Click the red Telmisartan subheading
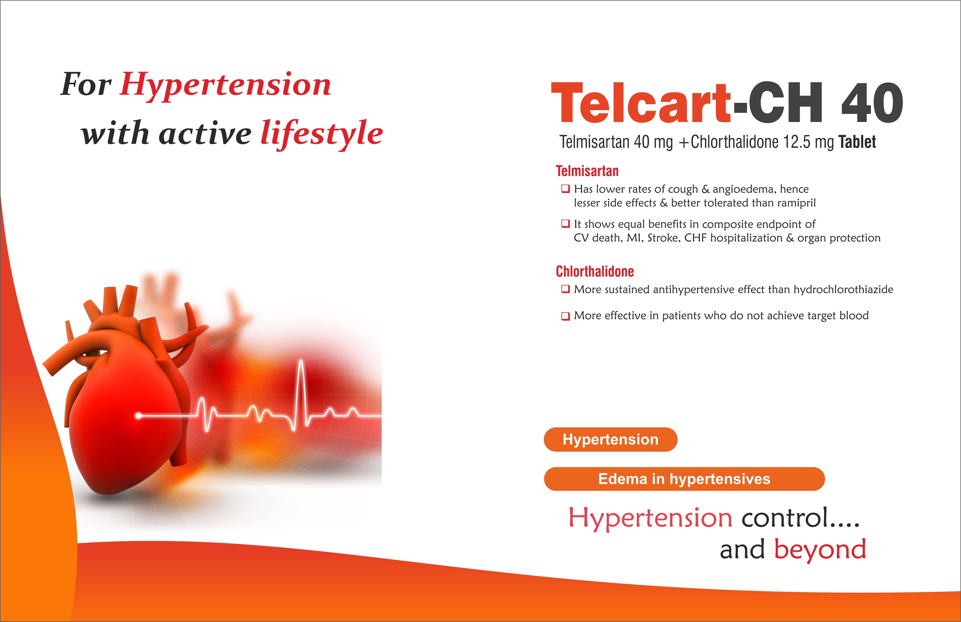587,171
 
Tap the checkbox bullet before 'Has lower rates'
566,188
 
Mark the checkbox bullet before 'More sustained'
566,289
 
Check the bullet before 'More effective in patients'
566,316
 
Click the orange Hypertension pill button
611,440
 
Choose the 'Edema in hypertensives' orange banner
684,479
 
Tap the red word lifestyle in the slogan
321,134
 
